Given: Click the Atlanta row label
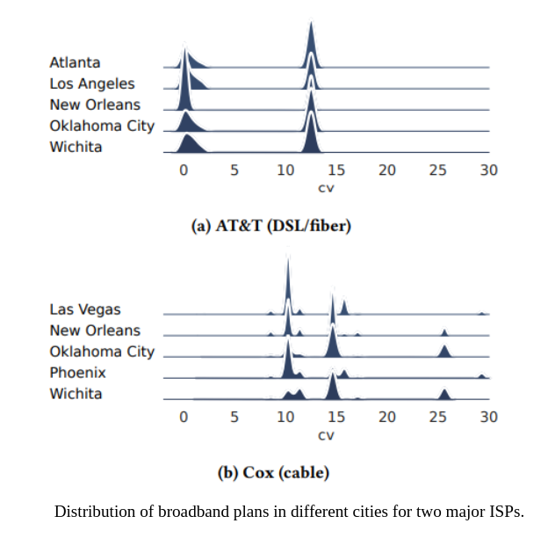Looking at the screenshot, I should [x=75, y=62].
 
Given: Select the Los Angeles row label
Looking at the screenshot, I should [x=92, y=84].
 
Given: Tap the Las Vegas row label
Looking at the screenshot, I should [x=85, y=309].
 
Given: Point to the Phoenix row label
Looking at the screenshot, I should [x=77, y=373].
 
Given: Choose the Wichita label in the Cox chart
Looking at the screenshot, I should [x=76, y=394].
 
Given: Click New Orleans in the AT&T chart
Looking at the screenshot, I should [x=95, y=105].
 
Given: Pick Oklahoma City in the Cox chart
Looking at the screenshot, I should [x=102, y=352].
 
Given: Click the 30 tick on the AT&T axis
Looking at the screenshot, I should [x=489, y=171].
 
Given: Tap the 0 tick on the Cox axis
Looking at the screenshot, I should [x=184, y=417].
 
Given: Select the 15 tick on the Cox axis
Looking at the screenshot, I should [x=335, y=417].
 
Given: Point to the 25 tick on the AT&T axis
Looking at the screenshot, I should [x=437, y=171].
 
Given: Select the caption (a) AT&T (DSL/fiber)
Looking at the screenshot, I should [x=271, y=226].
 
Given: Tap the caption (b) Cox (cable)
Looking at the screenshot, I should [x=273, y=473].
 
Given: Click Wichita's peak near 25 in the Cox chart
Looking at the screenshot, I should [x=444, y=395].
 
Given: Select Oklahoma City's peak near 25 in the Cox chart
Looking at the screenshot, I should [x=444, y=352].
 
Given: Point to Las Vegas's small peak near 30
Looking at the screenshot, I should [x=482, y=312].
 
